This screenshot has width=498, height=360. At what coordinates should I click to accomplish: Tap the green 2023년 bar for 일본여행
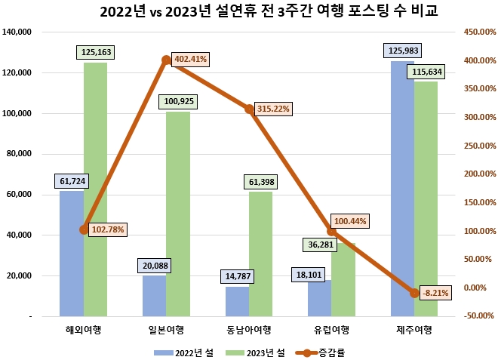coord(178,214)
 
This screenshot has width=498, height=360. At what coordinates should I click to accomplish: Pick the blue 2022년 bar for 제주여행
coord(402,189)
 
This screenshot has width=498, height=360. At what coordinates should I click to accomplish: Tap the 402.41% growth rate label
coord(190,59)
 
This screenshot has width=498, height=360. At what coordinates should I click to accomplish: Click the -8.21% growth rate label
coord(436,293)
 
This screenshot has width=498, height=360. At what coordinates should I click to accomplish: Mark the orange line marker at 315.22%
coord(249,109)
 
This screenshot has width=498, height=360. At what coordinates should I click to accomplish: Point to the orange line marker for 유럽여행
coord(331,230)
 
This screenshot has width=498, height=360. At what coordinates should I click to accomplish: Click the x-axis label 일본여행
coord(166,329)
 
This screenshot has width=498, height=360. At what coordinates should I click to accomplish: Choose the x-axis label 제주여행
coord(413,329)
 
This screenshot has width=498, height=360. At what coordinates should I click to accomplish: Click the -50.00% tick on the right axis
coord(475,316)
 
